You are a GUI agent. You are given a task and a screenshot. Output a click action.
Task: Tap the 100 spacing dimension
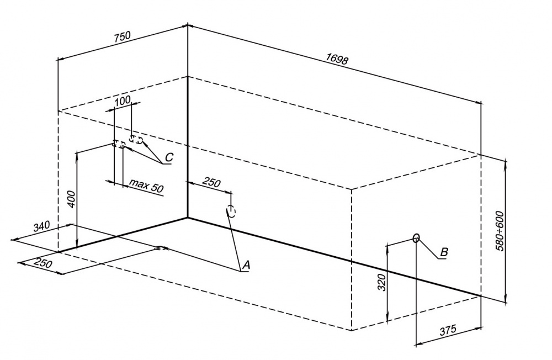pos(123,99)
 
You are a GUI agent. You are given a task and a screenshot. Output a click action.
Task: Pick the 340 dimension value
pos(42,227)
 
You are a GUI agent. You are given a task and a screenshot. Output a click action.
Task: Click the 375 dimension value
pos(448,330)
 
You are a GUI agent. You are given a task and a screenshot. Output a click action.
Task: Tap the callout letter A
pos(246,266)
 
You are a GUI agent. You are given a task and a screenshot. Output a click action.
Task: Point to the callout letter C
pos(168,158)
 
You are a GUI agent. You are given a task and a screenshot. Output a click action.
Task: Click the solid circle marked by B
pos(416,238)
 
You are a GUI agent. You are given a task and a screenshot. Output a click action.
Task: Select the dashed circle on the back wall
pos(231,211)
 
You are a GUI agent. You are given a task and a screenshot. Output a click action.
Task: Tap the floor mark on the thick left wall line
pos(162,248)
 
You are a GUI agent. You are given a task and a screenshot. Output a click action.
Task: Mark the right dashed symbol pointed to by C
pos(136,140)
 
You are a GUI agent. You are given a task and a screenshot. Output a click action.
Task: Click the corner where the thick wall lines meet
pos(188,217)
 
